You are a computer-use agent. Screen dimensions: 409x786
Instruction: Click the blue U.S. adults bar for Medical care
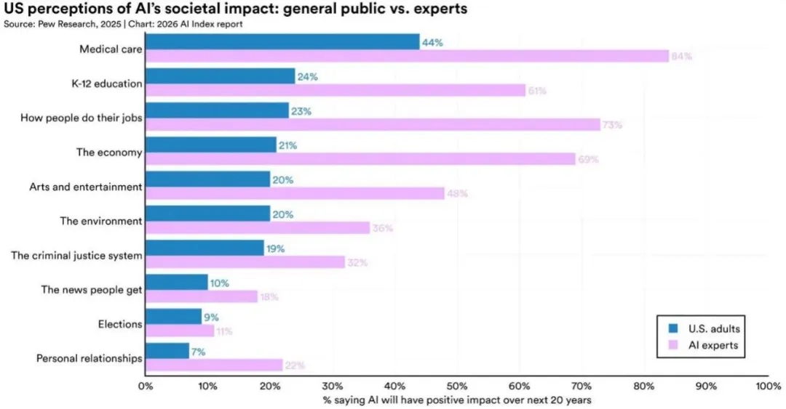(x=282, y=42)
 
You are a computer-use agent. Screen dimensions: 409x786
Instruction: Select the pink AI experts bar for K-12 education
(x=335, y=90)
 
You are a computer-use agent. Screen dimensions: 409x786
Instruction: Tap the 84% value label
(x=681, y=56)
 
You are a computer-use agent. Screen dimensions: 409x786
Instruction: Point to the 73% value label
(x=613, y=125)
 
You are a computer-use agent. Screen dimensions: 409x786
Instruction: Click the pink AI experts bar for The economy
(x=360, y=159)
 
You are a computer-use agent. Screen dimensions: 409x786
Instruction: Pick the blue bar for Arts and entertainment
(x=207, y=179)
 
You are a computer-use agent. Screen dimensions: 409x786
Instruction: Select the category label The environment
(x=100, y=221)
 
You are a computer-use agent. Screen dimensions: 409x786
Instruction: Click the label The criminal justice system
(x=76, y=256)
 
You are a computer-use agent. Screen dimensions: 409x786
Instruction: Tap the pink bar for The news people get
(x=202, y=296)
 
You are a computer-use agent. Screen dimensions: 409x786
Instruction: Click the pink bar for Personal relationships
(x=214, y=365)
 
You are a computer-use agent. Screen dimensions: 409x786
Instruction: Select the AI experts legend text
(x=712, y=345)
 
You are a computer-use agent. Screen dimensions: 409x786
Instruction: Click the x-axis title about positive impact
(x=456, y=399)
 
